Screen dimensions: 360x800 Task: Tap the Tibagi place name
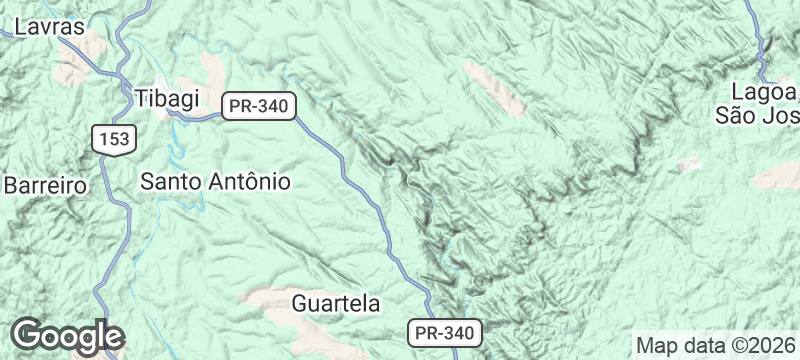point(167,98)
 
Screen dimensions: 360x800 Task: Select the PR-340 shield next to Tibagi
point(257,105)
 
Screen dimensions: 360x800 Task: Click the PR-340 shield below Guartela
point(444,332)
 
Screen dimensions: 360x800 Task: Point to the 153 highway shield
point(112,139)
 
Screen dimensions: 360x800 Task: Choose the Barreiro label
point(46,185)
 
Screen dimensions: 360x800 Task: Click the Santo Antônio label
point(215,182)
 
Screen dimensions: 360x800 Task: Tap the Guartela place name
point(336,302)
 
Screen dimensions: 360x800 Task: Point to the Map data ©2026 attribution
point(715,345)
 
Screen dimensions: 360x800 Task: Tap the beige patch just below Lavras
point(75,70)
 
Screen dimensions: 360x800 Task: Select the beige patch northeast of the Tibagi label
point(214,71)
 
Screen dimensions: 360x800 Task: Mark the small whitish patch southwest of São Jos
point(688,163)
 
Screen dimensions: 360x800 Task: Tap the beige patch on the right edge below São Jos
point(780,178)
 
